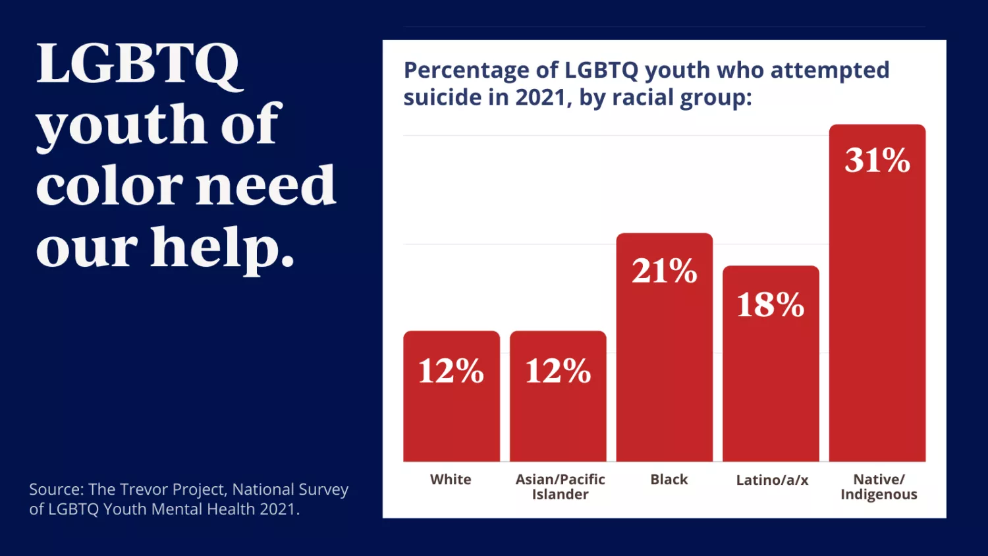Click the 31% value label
point(877,160)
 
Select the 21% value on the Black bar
point(664,271)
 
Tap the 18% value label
point(771,304)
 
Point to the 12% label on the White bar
point(451,370)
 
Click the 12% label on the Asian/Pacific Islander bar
point(558,370)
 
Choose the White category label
point(451,480)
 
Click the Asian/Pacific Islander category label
point(560,487)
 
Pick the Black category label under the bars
point(669,480)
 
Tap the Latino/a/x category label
point(772,480)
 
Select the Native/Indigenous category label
point(879,487)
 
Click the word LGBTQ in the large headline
point(138,64)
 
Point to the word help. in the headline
point(223,248)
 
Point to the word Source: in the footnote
point(56,489)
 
